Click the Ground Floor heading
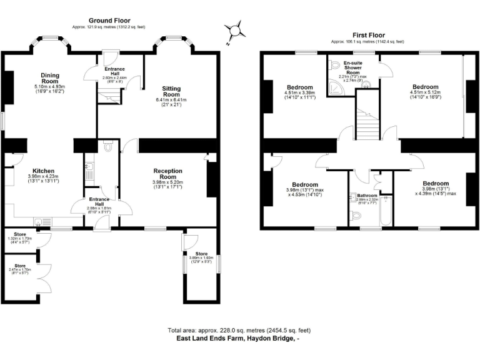(x=108, y=21)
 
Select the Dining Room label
(x=49, y=77)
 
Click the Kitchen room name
(x=43, y=171)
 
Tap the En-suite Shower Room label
(x=354, y=67)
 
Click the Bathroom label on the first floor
(x=367, y=195)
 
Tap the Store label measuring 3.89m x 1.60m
(x=201, y=252)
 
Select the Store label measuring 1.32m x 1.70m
(x=20, y=234)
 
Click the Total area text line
(x=239, y=330)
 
